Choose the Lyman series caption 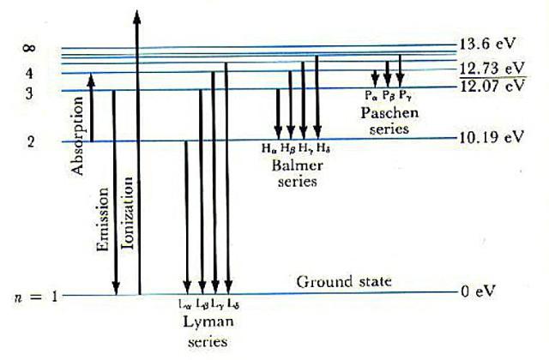[206, 331]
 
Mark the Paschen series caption [385, 121]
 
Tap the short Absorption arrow [91, 107]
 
